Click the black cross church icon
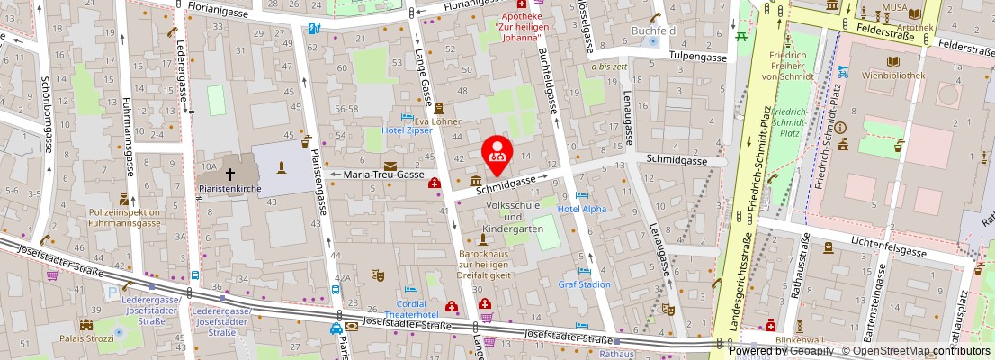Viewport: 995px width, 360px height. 230,173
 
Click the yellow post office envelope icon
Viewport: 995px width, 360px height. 390,166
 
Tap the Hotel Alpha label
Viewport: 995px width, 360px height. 582,209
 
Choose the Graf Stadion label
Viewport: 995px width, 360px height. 584,284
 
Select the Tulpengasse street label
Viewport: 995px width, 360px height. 697,57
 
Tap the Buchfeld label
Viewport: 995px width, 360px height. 653,31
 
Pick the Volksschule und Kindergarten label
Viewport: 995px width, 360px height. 514,217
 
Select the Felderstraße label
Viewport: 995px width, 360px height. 964,44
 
